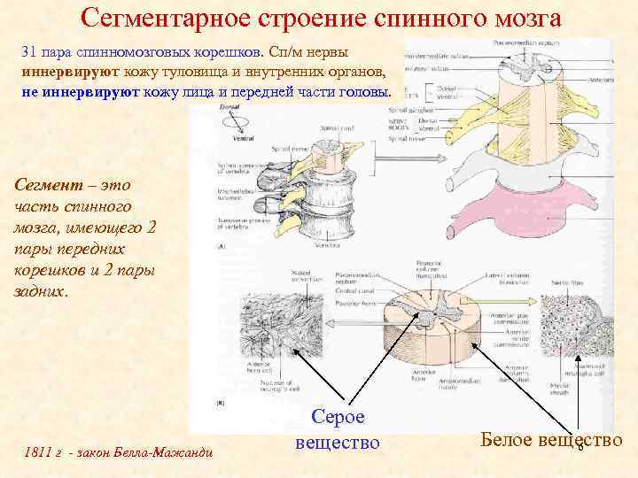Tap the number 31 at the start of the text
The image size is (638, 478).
point(29,53)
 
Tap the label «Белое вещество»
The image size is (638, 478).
point(550,438)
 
